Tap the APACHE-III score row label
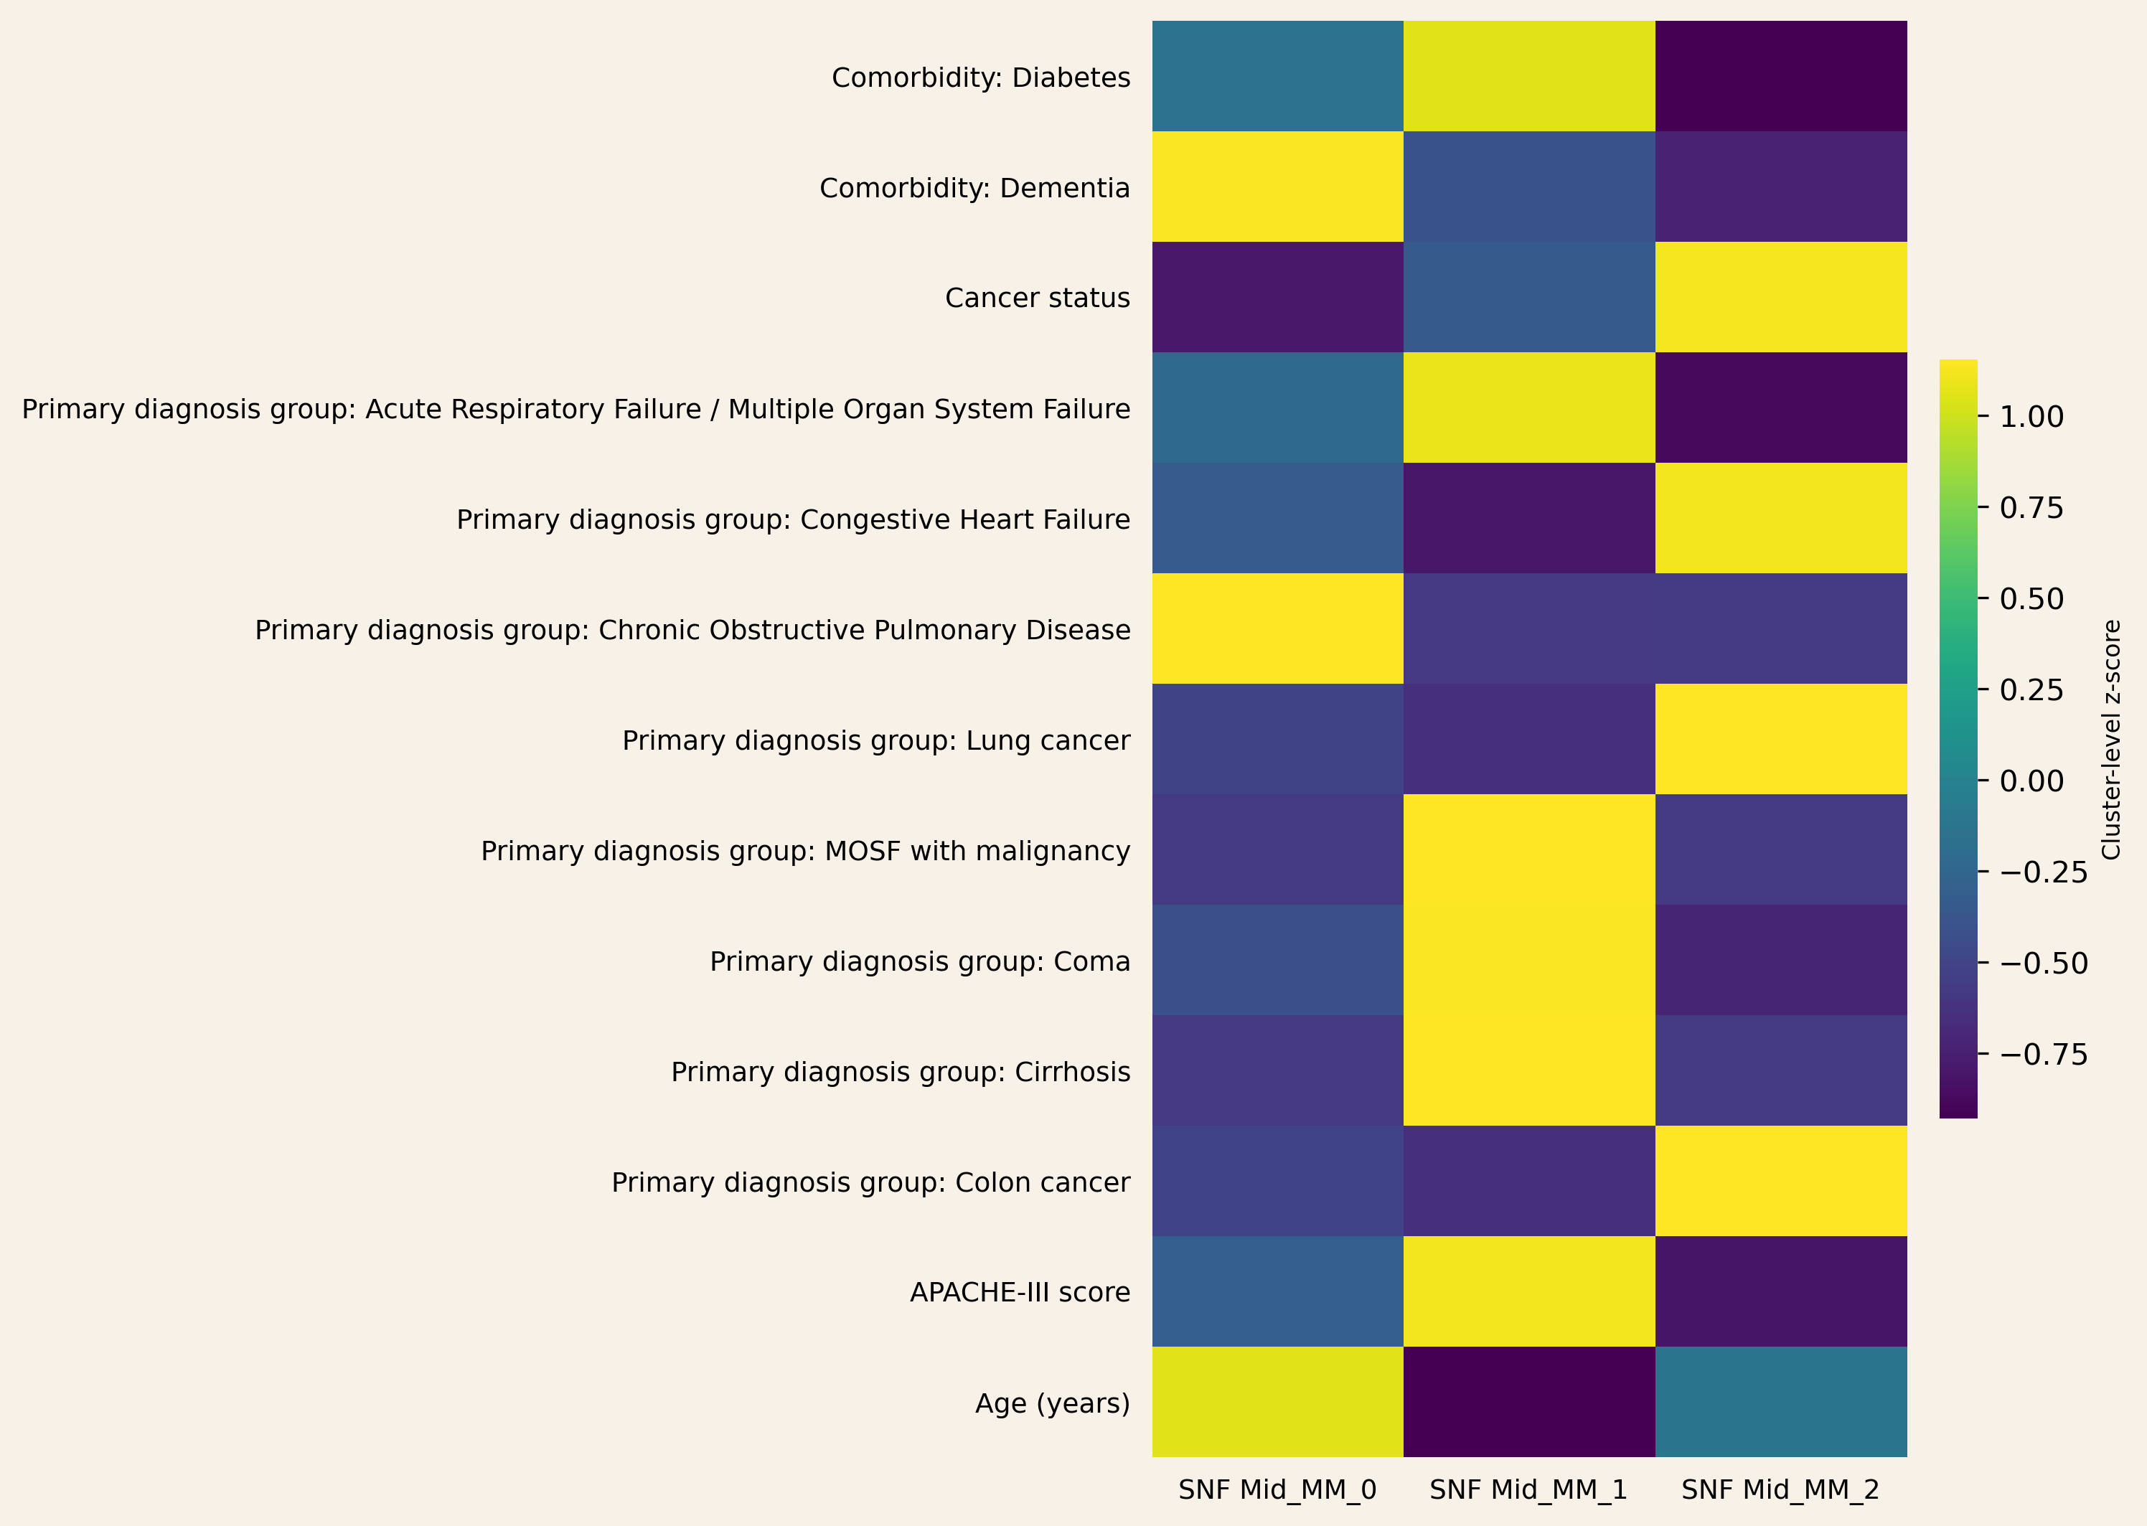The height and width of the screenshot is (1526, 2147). click(x=1020, y=1292)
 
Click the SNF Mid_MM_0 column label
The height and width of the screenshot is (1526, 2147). click(x=1277, y=1489)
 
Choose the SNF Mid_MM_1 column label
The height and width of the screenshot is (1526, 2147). click(x=1528, y=1489)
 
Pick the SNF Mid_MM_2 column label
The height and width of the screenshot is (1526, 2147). click(x=1780, y=1489)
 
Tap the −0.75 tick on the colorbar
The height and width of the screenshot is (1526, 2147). click(x=2043, y=1055)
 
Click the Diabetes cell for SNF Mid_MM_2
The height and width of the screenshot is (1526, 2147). click(x=1780, y=76)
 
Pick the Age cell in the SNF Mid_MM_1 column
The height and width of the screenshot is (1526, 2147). click(x=1528, y=1401)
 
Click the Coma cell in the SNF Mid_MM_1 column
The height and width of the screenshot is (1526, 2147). click(x=1528, y=959)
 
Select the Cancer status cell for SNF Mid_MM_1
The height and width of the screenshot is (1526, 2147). click(x=1528, y=297)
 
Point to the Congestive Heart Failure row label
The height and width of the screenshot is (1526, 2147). click(x=792, y=519)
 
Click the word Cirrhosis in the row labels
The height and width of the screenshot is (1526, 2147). click(x=1072, y=1072)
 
